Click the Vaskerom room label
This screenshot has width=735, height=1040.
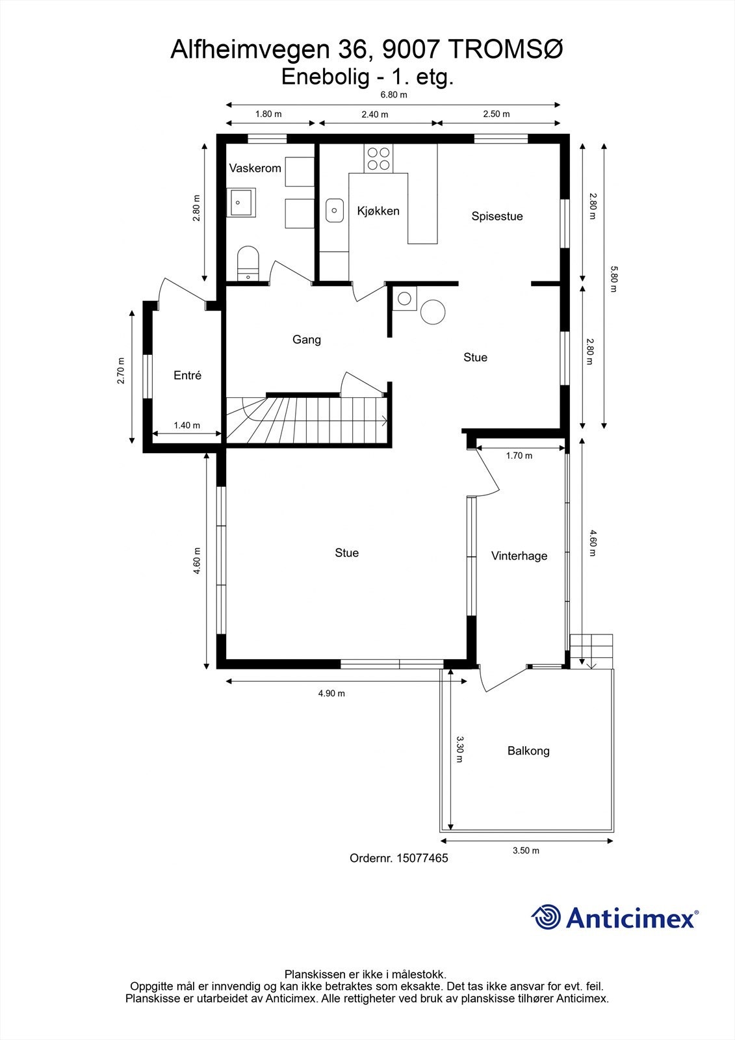pos(255,168)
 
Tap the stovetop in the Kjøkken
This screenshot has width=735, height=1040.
pos(379,159)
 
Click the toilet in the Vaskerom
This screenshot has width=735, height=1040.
pos(248,261)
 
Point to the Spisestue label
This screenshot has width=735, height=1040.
pos(497,216)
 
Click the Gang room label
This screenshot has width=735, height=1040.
pos(306,339)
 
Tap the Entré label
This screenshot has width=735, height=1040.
pos(187,376)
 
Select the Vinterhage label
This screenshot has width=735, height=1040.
pos(519,556)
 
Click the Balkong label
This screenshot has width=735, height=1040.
pos(528,751)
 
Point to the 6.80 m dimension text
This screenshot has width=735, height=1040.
pos(393,95)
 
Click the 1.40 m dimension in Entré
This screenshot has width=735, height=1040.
pos(187,426)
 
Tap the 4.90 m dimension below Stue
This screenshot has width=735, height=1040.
pos(331,694)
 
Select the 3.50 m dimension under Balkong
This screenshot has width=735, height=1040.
pos(526,850)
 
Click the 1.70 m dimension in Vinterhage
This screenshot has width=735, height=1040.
pos(519,456)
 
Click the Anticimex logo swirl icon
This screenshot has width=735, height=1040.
pos(546,917)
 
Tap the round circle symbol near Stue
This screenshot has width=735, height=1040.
pos(432,312)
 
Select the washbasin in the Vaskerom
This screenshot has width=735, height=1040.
pos(240,202)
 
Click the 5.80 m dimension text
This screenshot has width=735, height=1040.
pos(612,279)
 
